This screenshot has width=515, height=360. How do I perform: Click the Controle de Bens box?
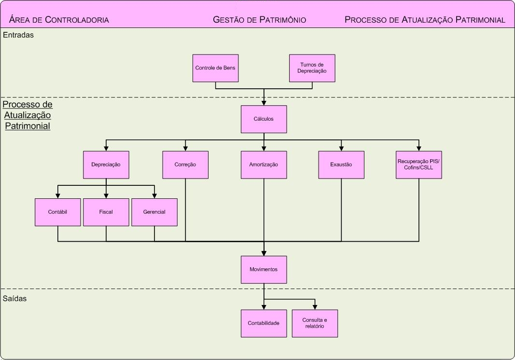point(215,68)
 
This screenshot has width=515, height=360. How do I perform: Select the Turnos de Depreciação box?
point(312,68)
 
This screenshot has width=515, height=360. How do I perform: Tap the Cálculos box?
point(264,119)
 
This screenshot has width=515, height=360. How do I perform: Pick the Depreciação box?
point(106,165)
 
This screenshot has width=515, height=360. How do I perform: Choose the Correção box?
point(185,165)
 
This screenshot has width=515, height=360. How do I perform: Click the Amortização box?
point(264,165)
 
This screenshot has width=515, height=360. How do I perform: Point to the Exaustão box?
point(341,165)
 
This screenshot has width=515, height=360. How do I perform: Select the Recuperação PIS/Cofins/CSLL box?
point(418,165)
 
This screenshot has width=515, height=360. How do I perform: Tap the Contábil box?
point(57,212)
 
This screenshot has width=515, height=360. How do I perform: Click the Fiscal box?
point(106,212)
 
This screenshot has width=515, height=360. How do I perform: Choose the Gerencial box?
point(154,212)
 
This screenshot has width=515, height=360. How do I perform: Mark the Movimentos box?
point(264,269)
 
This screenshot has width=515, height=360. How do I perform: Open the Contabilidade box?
point(264,323)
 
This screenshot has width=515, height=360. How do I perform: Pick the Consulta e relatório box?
point(315,323)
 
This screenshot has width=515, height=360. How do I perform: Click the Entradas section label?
point(18,35)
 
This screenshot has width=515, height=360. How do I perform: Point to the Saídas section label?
point(14,298)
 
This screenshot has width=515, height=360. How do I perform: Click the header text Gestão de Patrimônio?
point(260,20)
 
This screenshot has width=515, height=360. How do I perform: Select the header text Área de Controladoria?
point(59,20)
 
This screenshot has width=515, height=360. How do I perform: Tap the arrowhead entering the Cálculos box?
point(264,103)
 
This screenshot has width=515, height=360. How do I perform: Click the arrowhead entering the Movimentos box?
point(264,253)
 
